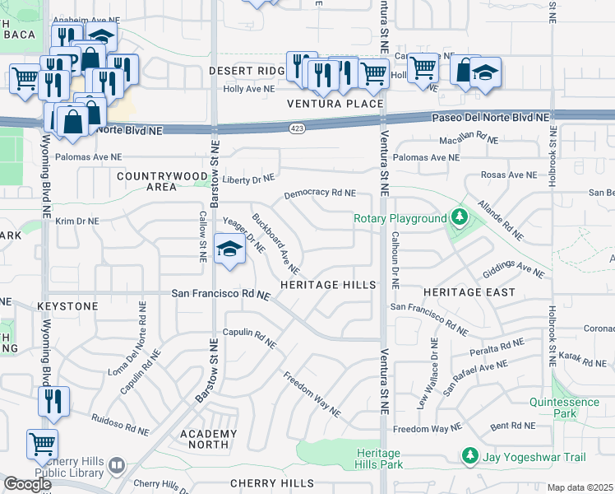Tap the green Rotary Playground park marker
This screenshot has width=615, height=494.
tap(460, 218)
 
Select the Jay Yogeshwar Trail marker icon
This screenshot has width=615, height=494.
tap(469, 455)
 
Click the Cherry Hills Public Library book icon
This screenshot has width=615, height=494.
tap(117, 466)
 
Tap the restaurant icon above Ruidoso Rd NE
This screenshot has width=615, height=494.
tap(53, 401)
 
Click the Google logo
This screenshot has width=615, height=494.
tap(27, 484)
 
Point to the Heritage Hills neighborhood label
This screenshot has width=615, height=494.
tap(327, 285)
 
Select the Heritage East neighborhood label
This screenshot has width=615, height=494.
tap(469, 292)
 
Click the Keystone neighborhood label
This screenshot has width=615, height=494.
tap(67, 306)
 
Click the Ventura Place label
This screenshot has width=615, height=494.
tap(335, 104)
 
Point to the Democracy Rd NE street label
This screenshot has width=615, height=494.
tap(320, 193)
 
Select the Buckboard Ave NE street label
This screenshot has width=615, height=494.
tap(275, 245)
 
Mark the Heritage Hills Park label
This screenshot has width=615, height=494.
tap(379, 459)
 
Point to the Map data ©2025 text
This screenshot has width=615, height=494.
tap(580, 487)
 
